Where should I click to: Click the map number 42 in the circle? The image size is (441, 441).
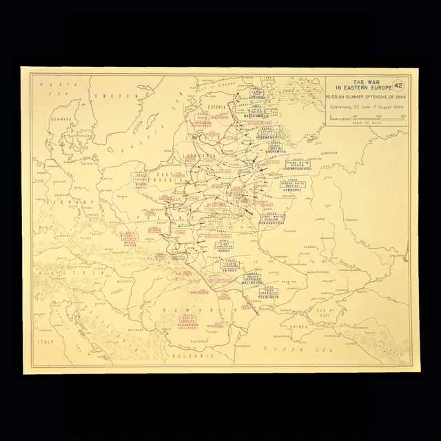398,86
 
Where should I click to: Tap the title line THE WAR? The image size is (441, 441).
358,81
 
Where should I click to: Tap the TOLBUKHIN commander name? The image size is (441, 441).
270,300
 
